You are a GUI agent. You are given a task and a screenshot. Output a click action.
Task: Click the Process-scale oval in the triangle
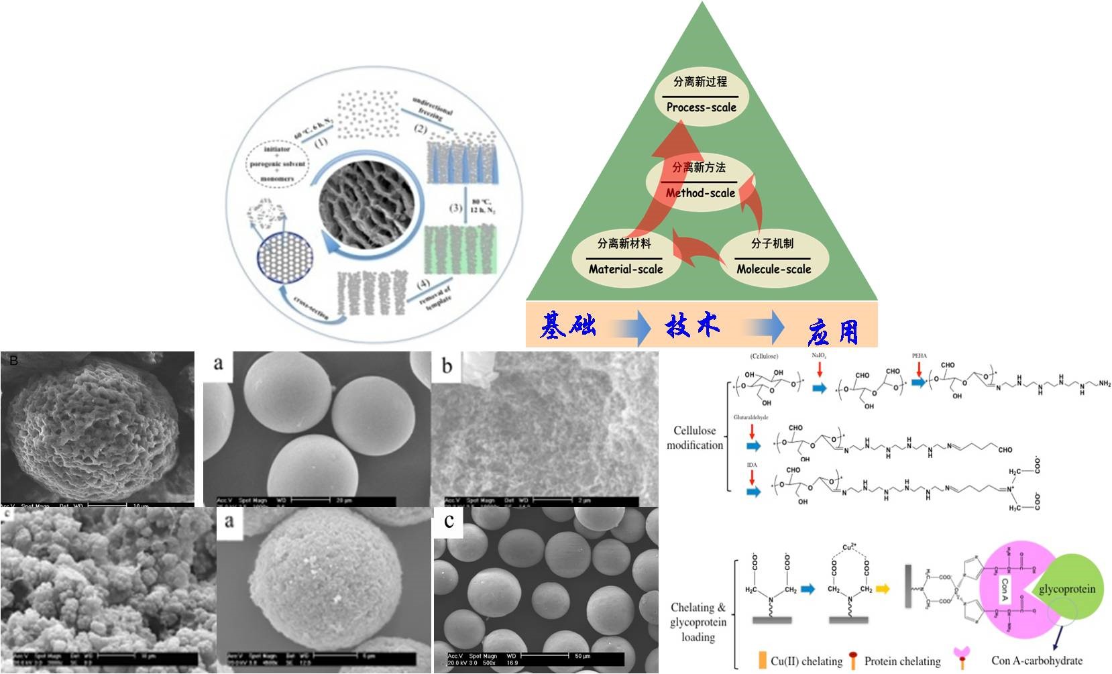pyautogui.click(x=701, y=95)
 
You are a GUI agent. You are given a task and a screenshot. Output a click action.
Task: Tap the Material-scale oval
pyautogui.click(x=625, y=257)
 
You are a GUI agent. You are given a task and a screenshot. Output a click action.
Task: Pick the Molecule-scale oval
pyautogui.click(x=773, y=257)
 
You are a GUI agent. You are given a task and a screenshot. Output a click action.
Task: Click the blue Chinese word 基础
pyautogui.click(x=568, y=326)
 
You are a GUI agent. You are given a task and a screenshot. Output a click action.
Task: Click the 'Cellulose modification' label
pyautogui.click(x=695, y=438)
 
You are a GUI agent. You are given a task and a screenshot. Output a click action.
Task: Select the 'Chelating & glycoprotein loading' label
pyautogui.click(x=698, y=622)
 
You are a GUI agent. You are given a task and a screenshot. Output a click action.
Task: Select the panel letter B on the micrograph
pyautogui.click(x=13, y=361)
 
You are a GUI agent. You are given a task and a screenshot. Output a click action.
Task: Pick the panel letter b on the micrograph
pyautogui.click(x=447, y=366)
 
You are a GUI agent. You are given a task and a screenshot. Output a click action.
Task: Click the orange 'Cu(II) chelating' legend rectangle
pyautogui.click(x=762, y=661)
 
